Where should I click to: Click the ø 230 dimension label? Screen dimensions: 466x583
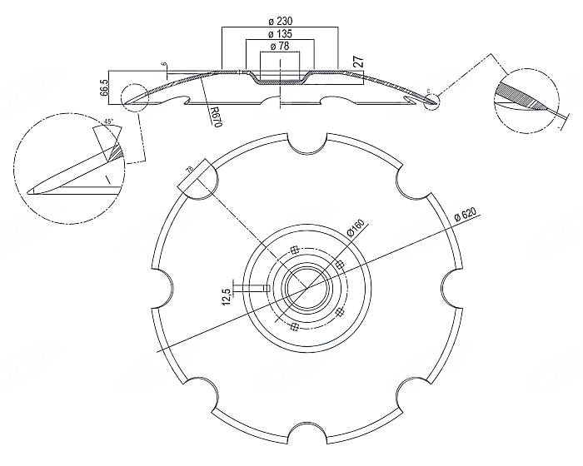pos(279,20)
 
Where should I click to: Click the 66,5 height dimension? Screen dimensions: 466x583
pos(103,87)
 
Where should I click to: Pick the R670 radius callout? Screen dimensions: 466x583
pos(214,115)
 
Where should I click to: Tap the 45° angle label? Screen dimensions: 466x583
pos(108,122)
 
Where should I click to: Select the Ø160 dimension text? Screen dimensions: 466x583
pos(355,227)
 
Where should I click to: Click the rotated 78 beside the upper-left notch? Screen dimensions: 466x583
pos(189,171)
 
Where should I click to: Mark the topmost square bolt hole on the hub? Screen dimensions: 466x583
pos(296,247)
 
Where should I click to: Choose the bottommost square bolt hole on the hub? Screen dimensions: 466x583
pos(294,327)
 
